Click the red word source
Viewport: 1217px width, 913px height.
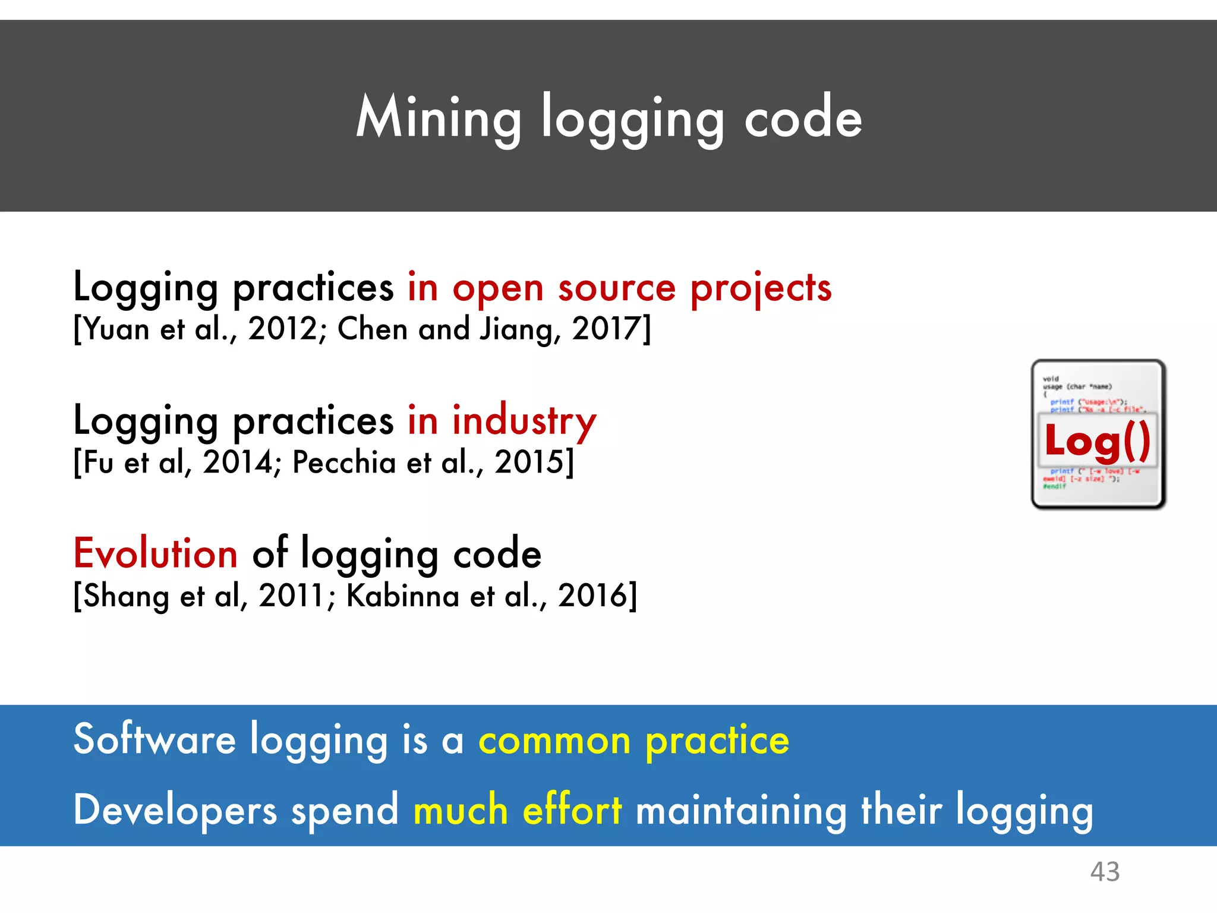coord(617,288)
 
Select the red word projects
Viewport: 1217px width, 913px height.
coord(761,288)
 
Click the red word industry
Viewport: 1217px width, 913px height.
coord(524,421)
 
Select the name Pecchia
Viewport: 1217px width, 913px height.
coord(344,462)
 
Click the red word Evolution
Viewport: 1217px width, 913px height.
coord(156,553)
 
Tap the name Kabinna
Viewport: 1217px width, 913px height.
coord(402,596)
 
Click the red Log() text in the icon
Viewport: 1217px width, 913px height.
coord(1098,441)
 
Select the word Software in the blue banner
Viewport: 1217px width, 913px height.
coord(155,739)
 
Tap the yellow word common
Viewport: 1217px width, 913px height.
coord(554,741)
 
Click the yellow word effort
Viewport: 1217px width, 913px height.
coord(572,810)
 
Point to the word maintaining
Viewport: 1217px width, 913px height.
coord(741,811)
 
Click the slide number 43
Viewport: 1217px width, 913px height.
coord(1105,872)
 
